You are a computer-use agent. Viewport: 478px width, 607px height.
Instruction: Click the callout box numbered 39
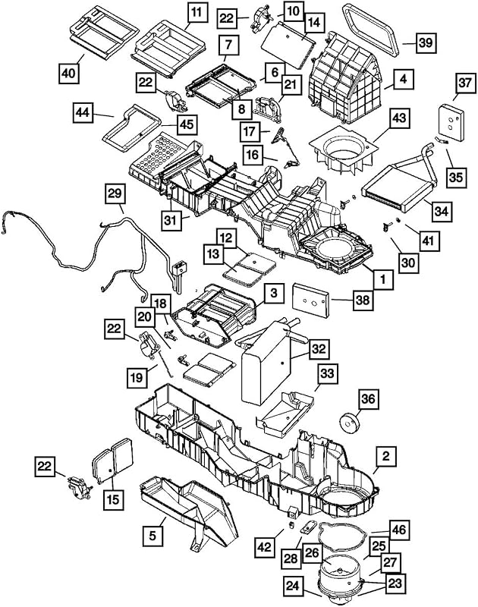[x=426, y=42]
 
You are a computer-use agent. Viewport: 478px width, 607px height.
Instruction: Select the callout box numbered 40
[x=69, y=73]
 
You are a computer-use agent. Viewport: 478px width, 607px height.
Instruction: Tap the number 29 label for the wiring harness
[x=115, y=193]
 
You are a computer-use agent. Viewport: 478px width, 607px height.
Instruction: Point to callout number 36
[x=369, y=398]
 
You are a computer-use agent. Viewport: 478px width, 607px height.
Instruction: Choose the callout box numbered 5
[x=153, y=536]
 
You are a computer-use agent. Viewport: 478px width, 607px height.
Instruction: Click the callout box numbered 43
[x=399, y=118]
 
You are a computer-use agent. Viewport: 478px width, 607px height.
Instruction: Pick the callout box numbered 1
[x=383, y=279]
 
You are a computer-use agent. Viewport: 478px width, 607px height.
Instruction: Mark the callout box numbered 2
[x=386, y=456]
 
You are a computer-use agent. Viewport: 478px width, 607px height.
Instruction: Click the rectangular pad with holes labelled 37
[x=451, y=123]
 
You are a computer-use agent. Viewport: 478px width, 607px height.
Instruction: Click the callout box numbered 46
[x=399, y=530]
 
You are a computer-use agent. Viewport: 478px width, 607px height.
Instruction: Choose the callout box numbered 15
[x=113, y=499]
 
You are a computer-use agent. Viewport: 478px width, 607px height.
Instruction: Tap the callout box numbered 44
[x=83, y=112]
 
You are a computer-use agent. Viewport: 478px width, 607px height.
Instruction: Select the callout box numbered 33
[x=328, y=374]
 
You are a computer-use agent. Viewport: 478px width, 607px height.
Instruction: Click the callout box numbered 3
[x=275, y=293]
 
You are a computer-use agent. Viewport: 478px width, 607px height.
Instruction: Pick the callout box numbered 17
[x=250, y=131]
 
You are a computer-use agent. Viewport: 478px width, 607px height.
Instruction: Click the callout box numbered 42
[x=264, y=548]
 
